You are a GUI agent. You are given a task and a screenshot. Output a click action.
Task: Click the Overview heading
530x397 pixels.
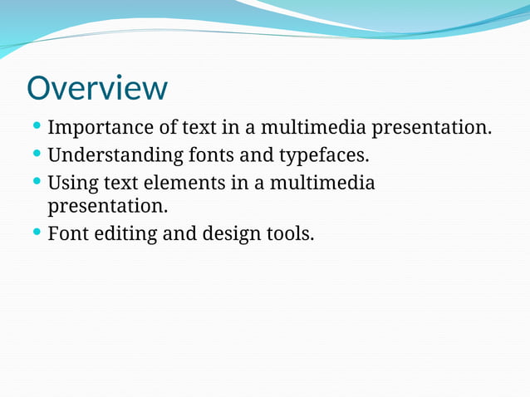(96, 88)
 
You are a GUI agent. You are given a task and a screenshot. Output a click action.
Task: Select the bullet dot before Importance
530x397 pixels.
(37, 127)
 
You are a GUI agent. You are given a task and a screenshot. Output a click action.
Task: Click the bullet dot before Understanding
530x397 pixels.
(37, 154)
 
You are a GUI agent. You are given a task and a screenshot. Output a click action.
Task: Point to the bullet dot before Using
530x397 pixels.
(37, 180)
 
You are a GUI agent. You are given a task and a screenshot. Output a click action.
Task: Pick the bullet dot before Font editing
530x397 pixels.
(37, 233)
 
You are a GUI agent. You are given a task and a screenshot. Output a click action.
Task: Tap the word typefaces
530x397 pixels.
(323, 155)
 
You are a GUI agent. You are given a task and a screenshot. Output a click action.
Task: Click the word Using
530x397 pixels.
(74, 182)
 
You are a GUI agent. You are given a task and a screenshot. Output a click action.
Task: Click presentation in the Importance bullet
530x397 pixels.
(431, 129)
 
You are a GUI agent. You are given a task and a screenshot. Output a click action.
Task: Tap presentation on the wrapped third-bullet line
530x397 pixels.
(108, 204)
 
